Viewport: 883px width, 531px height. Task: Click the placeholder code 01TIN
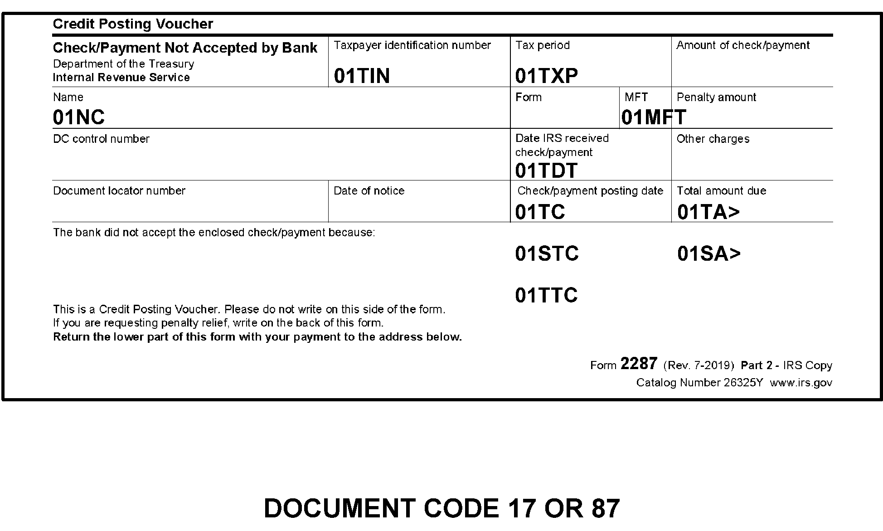point(362,76)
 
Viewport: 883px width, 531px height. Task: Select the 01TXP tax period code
point(546,76)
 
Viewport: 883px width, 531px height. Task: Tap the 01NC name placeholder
point(78,117)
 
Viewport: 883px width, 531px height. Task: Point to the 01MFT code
point(653,117)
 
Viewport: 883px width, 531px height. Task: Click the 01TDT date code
point(546,171)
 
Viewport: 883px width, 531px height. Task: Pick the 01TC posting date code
point(540,212)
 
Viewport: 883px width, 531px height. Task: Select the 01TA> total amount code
point(708,212)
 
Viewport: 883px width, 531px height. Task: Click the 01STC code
point(547,254)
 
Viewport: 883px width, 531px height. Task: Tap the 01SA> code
point(708,254)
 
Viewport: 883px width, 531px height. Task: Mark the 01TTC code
point(546,296)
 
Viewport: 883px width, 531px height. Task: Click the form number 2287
point(638,364)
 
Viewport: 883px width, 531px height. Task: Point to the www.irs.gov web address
point(801,383)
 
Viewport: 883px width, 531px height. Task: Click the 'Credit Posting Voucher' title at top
point(133,24)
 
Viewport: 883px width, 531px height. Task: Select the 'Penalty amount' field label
point(716,97)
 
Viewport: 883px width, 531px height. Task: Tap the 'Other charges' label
point(713,139)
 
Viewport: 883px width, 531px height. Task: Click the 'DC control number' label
point(101,139)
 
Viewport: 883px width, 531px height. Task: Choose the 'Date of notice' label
point(369,191)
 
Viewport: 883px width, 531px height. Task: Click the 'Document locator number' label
point(119,191)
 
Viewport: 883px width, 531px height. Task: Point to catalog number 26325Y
point(743,383)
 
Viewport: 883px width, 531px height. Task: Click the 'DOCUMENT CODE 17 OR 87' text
point(441,508)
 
